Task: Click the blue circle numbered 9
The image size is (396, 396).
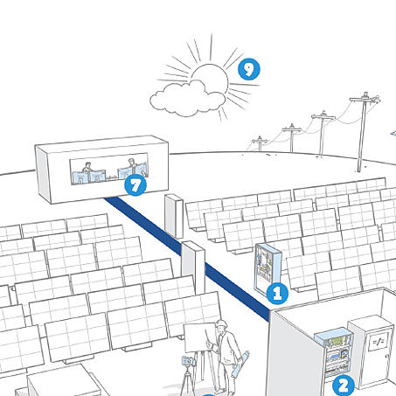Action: tap(249, 69)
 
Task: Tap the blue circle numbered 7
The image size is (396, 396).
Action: tap(135, 185)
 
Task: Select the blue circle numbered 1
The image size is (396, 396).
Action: tap(277, 293)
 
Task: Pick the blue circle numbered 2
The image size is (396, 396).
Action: tap(344, 386)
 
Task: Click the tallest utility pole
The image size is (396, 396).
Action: tap(363, 132)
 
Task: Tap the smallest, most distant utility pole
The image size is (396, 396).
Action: tap(260, 143)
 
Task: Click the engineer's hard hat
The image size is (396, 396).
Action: tap(222, 323)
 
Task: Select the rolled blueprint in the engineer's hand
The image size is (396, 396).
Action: tap(241, 364)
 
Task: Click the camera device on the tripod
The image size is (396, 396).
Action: tap(189, 361)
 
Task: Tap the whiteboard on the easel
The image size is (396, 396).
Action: tap(200, 337)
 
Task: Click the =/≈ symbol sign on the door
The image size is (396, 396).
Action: tap(378, 341)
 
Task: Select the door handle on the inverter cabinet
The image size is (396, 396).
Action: tap(386, 357)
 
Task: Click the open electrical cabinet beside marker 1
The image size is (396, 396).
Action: tap(267, 267)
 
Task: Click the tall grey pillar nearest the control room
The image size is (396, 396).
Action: tap(174, 216)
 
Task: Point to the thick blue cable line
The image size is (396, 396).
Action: tap(186, 259)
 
